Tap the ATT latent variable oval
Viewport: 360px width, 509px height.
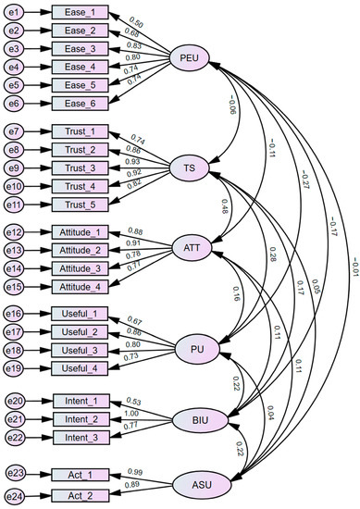tap(193, 249)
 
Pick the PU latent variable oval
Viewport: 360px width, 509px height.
tap(198, 349)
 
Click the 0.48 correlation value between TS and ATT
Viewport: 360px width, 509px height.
tap(224, 206)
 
